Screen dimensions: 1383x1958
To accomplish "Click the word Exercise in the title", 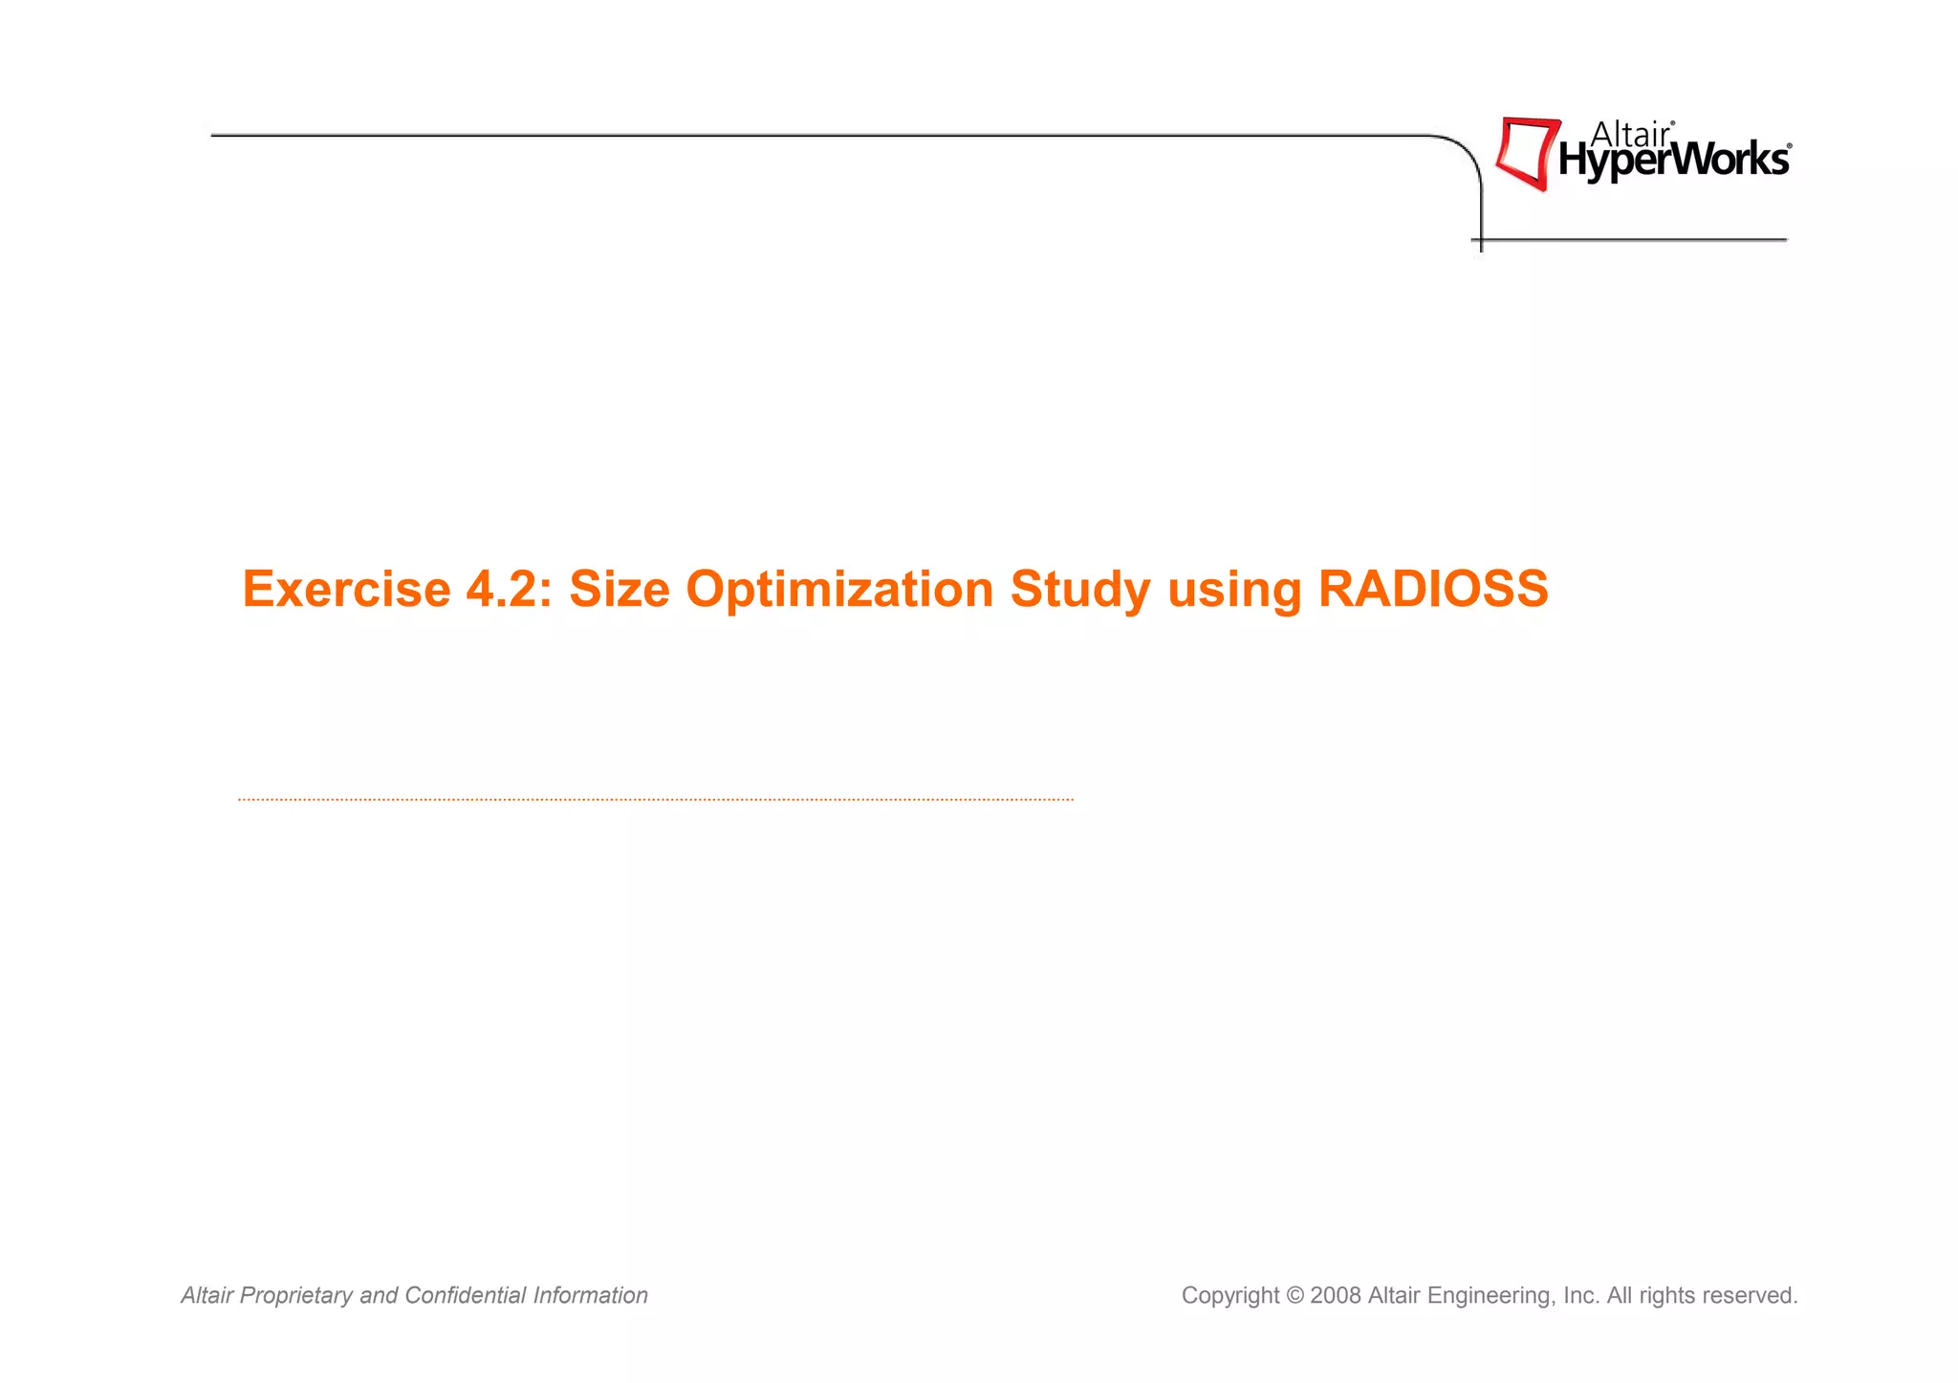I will pos(345,589).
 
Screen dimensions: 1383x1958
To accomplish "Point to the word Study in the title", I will pos(1079,589).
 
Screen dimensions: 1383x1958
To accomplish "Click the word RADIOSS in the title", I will pos(1432,589).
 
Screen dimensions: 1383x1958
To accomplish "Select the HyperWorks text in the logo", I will pos(1673,162).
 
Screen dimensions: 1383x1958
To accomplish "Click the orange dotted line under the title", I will pos(655,799).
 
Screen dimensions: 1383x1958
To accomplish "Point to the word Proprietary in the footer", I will pos(295,1296).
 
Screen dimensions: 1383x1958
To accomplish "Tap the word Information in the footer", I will pos(590,1295).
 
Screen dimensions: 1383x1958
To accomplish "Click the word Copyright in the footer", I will pos(1229,1296).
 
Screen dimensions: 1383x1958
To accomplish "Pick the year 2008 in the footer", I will pos(1336,1296).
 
